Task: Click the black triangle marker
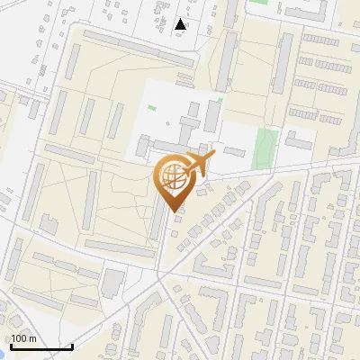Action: coord(182,24)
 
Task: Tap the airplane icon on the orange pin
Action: coord(200,164)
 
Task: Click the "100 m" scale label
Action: coord(24,337)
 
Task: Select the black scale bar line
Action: coord(41,346)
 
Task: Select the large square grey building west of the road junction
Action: coord(112,282)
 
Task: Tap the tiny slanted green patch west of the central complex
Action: coord(151,110)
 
